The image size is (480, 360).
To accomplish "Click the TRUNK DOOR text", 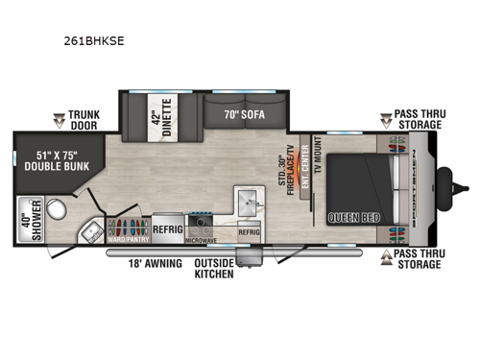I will tap(84, 119).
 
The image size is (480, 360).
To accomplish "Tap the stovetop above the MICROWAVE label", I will tap(204, 227).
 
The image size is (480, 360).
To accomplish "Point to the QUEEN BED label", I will tap(354, 218).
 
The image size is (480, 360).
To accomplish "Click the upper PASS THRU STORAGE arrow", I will tap(385, 120).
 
